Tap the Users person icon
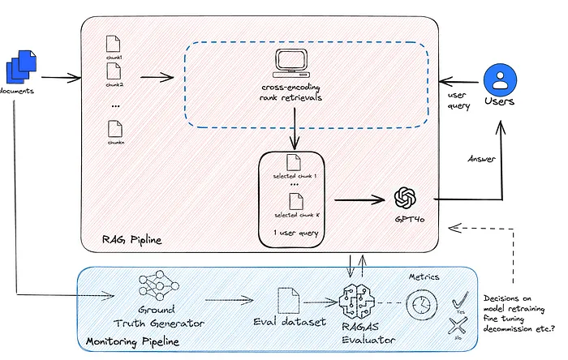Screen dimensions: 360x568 500,79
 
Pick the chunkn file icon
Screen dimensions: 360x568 114,128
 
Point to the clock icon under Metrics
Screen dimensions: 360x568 419,306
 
